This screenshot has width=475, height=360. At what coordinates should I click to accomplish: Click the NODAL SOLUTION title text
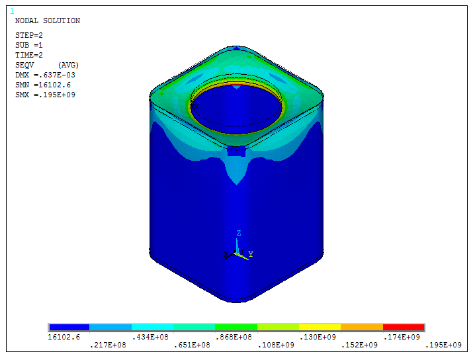48,21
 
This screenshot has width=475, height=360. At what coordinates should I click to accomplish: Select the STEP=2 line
29,35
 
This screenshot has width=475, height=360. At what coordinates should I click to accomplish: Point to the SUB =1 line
29,45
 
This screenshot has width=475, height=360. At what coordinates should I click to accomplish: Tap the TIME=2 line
29,55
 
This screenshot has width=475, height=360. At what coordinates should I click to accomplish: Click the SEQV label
24,65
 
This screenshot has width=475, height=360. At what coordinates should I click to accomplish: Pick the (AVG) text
69,65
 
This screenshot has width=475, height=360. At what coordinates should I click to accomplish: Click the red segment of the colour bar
404,328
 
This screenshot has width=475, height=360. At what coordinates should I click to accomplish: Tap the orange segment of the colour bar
362,328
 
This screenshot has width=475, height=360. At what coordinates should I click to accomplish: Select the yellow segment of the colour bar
320,328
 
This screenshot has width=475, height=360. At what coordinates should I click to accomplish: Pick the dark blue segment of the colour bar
69,328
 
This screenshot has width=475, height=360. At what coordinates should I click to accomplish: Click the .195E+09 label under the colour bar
443,345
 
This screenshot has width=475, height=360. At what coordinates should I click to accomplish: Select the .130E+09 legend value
318,337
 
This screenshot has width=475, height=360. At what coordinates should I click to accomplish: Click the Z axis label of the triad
238,233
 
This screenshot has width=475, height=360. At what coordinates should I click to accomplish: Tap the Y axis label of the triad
251,254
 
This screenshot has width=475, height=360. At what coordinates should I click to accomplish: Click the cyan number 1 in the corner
12,11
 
